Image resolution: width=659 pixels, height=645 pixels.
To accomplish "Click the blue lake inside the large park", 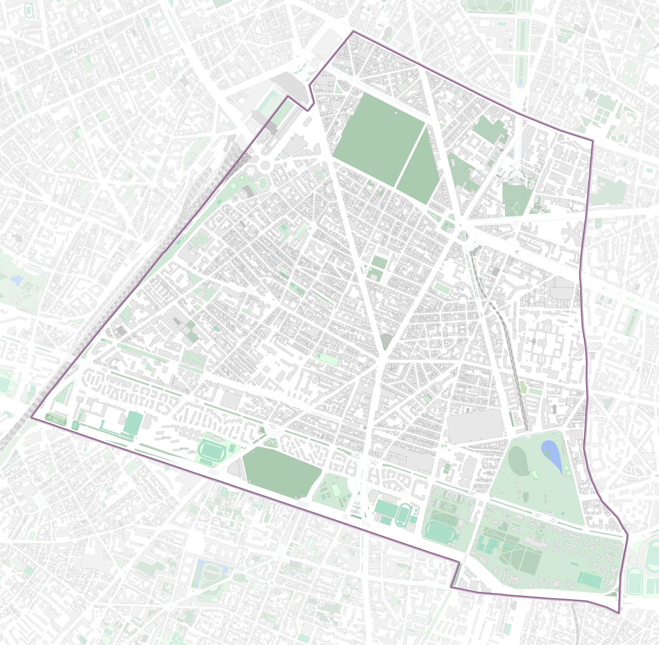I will pos(551,455).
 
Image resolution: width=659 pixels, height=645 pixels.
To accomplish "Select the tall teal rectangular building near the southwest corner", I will pos(133,423).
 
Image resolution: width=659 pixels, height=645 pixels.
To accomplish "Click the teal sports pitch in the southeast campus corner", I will pos(589,580).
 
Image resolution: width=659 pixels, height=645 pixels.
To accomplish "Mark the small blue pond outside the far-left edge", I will pos(17,279).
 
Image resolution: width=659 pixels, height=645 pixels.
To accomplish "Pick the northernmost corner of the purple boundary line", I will pos(353,31).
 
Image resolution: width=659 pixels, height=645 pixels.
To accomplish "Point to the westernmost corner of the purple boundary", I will pos(32,418).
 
